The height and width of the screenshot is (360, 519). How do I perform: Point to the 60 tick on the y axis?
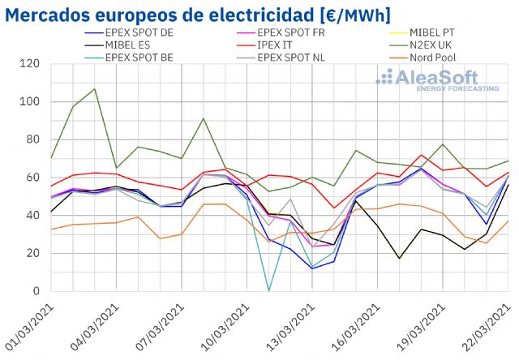(33, 178)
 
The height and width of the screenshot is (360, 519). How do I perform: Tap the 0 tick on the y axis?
(36, 291)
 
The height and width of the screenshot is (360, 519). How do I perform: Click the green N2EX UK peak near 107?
(94, 89)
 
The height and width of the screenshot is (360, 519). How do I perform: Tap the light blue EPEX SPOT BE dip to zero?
(268, 290)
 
